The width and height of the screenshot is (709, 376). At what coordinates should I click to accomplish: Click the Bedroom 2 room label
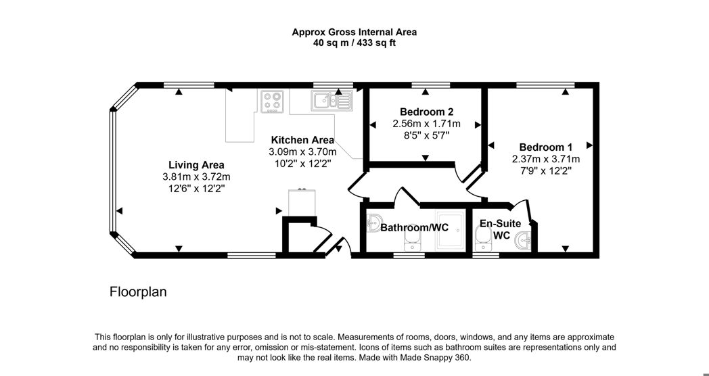426,112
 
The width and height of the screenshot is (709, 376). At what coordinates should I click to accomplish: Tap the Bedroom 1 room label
546,147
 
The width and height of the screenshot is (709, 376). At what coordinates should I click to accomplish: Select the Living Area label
196,165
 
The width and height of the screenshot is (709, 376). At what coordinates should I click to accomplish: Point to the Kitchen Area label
302,140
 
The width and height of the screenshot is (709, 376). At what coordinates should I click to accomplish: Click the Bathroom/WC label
414,227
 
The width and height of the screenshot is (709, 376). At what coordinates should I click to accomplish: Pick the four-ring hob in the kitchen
272,101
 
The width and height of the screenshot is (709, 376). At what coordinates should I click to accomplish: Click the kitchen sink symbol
332,100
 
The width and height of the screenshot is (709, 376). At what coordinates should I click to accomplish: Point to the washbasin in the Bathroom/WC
373,222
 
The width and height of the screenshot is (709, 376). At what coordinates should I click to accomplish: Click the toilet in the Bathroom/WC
411,242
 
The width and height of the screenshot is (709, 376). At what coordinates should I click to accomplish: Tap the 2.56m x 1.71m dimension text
426,123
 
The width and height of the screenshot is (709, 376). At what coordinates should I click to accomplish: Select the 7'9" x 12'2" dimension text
546,171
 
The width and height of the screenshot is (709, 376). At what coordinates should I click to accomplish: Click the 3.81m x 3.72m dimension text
196,177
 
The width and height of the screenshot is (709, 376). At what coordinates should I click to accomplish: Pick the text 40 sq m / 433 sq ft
354,43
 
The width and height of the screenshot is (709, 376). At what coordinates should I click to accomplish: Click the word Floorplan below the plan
138,292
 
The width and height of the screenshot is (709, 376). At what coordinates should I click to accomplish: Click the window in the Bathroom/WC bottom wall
409,256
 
